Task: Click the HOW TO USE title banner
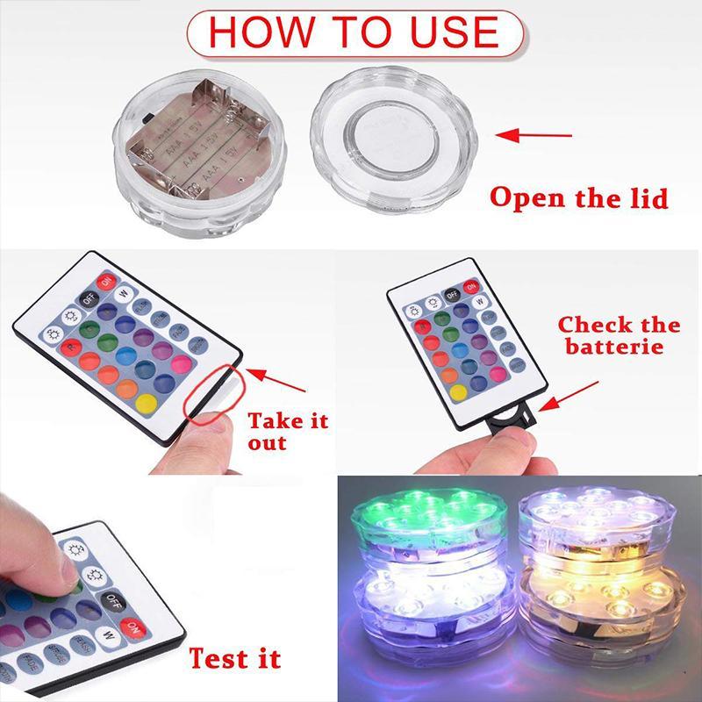[354, 33]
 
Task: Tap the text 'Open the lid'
[578, 197]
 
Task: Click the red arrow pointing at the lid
[530, 135]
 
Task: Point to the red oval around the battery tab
[211, 396]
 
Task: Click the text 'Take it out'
[287, 430]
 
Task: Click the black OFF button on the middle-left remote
[89, 298]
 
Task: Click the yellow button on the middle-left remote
[147, 404]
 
